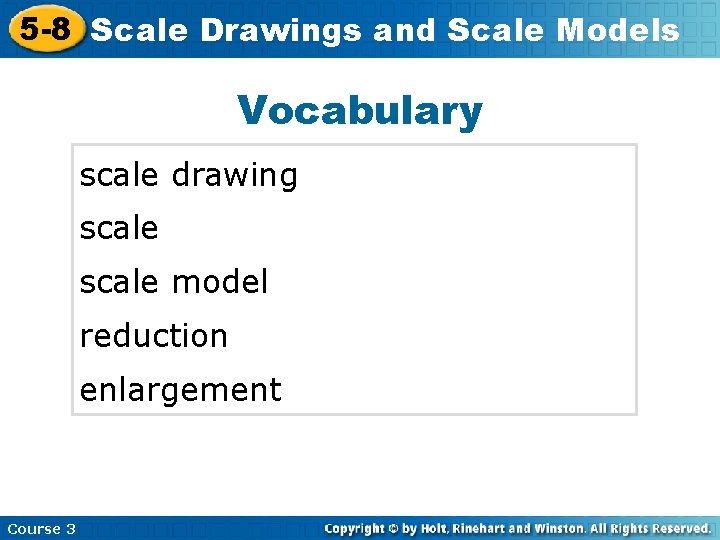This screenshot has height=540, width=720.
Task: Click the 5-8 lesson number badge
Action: pos(45,30)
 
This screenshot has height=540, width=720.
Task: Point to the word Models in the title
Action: pos(617,31)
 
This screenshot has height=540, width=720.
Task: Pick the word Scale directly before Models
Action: pos(496,31)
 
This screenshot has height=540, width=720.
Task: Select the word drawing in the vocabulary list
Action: pos(235,176)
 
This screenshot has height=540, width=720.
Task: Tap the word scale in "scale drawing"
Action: pos(119,176)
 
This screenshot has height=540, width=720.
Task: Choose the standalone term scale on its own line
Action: pos(119,229)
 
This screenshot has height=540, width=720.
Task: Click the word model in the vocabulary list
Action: pos(220,283)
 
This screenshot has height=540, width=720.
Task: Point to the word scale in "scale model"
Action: pos(119,283)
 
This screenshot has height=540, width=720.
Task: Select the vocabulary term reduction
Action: pos(154,336)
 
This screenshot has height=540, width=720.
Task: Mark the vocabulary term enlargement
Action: pos(180,390)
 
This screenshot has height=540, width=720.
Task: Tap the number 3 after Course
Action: pos(71,528)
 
